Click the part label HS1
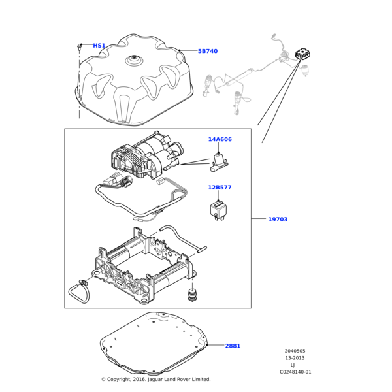pyautogui.click(x=99, y=46)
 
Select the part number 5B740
pyautogui.click(x=226, y=51)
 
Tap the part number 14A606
pyautogui.click(x=220, y=139)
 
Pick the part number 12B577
pyautogui.click(x=220, y=188)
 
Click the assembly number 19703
pyautogui.click(x=278, y=220)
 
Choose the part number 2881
pyautogui.click(x=233, y=346)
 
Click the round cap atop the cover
pyautogui.click(x=136, y=61)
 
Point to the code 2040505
pyautogui.click(x=295, y=351)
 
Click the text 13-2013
pyautogui.click(x=295, y=358)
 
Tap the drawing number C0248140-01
pyautogui.click(x=295, y=372)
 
